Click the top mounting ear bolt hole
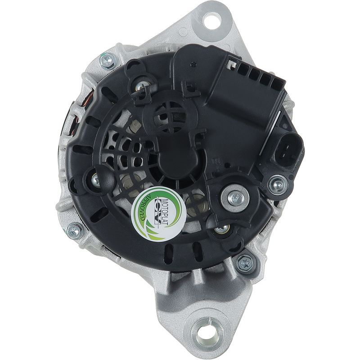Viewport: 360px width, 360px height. tap(212, 21)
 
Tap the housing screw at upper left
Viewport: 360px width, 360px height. tap(108, 61)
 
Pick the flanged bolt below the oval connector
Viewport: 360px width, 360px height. tap(278, 184)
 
